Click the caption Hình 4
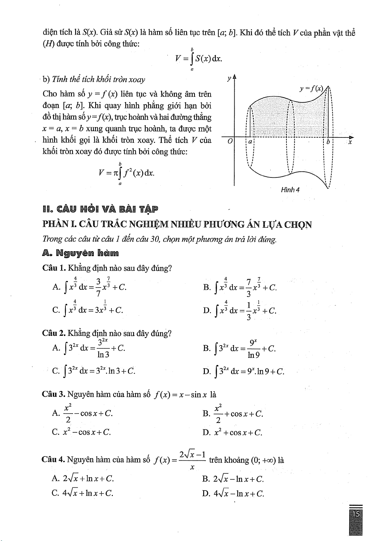click(x=290, y=189)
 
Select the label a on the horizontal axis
click(x=250, y=142)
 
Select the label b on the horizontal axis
click(x=328, y=142)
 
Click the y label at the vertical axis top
click(x=228, y=78)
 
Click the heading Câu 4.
click(x=53, y=460)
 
